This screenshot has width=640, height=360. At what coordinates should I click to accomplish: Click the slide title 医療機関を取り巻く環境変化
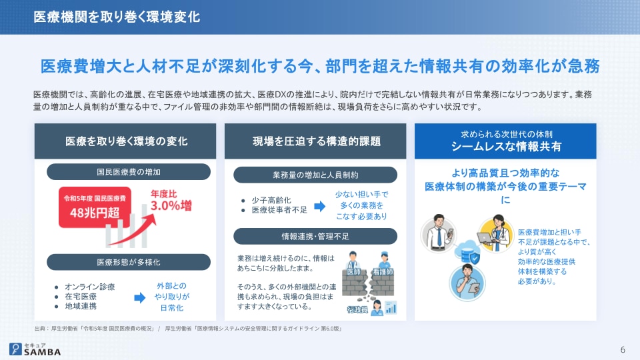point(117,17)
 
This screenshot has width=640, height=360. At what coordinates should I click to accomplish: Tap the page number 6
point(623,350)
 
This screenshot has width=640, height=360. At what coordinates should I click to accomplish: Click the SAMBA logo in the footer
point(35,349)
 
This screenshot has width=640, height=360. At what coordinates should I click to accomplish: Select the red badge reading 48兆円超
point(95,207)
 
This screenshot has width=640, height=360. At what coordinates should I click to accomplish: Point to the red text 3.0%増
point(171,205)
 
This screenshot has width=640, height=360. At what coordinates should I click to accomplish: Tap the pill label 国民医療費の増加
point(129,172)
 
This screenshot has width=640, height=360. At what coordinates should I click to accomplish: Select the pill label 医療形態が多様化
point(129,262)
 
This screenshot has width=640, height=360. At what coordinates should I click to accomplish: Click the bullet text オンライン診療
point(90,287)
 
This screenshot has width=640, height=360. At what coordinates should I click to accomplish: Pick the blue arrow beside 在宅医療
point(139,297)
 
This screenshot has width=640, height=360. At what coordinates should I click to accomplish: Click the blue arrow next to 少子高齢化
point(319,206)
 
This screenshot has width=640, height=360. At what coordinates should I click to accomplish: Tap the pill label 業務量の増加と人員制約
point(315,175)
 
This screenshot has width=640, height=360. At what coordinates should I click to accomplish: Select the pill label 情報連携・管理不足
point(315,236)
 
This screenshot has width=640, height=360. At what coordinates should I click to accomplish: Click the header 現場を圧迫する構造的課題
point(316,141)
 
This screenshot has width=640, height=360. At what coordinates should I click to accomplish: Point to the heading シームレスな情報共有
point(506,146)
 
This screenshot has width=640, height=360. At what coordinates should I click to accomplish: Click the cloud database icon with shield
point(467,253)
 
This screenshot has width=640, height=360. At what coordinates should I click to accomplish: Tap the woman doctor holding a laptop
point(495,234)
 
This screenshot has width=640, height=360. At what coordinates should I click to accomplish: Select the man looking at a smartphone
point(439,233)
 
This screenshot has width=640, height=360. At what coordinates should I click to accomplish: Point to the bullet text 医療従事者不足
point(279,210)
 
